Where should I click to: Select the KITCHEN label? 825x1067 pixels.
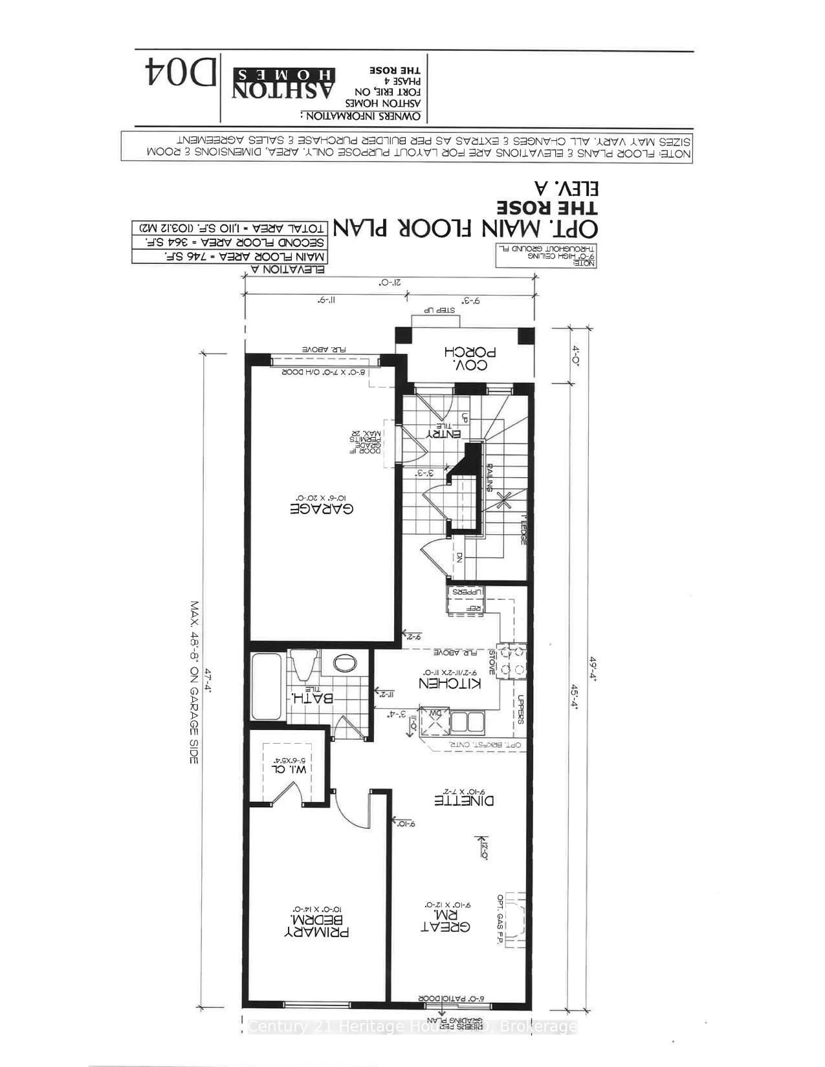coord(450,684)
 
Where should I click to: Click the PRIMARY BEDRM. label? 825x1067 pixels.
coord(317,925)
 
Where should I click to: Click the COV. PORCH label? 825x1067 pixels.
coord(470,358)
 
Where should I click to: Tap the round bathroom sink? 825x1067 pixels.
coord(344,662)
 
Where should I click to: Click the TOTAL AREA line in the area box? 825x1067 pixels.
coord(230,228)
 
